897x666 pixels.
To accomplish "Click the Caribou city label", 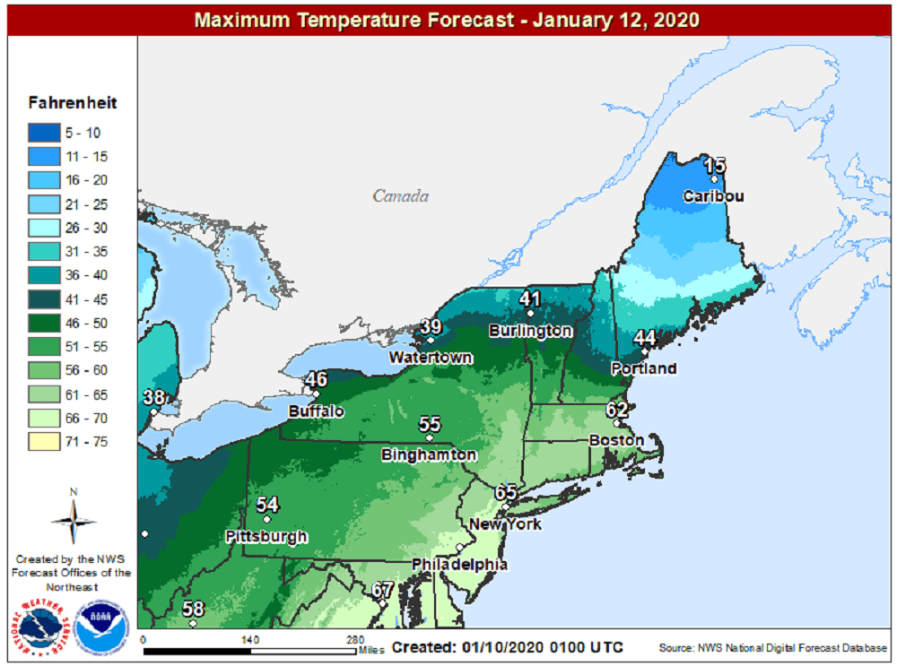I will (713, 196).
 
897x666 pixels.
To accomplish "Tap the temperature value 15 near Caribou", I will (714, 165).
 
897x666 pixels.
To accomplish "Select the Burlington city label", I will (530, 331).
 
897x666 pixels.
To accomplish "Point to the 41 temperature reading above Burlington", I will (529, 298).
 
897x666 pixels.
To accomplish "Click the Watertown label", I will (431, 358).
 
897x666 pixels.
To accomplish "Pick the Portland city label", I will (643, 368).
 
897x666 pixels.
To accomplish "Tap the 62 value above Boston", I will (616, 410).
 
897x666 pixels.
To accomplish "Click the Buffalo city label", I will (316, 411).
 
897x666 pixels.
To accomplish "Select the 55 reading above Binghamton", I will (430, 424).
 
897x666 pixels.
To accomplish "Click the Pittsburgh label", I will (266, 537).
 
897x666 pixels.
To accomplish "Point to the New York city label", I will (505, 523).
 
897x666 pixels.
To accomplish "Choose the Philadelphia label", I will (459, 565).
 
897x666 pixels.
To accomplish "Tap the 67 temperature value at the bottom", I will (383, 590).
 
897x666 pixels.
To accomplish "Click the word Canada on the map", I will (400, 196).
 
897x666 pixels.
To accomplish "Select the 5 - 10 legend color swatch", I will (42, 133).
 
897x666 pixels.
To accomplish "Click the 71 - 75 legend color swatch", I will (42, 441).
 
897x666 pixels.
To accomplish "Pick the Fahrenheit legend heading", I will (73, 103).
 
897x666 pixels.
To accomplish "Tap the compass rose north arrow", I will (74, 513).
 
